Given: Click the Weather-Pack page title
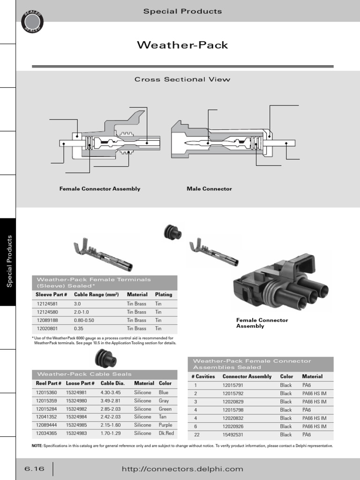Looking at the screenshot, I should pos(182,45).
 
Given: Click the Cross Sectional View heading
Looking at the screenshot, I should pos(182,79).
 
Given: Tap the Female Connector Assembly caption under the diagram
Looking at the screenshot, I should pos(99,189).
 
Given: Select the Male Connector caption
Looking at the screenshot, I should pos(209,189).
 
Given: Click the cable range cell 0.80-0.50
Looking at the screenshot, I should pos(84,320).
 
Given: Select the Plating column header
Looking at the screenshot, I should pos(164,295).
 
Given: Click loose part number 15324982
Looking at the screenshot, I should pos(76,409).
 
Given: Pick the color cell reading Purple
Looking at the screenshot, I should pos(165,425).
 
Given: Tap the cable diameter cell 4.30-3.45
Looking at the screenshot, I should pos(111,392).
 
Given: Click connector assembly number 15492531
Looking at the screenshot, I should pos(234,435).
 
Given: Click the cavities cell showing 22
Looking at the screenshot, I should pos(197,435).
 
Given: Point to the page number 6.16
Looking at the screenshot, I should pos(34,469).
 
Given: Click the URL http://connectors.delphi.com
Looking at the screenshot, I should pos(182,469).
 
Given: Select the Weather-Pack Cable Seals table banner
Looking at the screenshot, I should pos(84,374).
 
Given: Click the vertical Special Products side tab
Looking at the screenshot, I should pos(8,262).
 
